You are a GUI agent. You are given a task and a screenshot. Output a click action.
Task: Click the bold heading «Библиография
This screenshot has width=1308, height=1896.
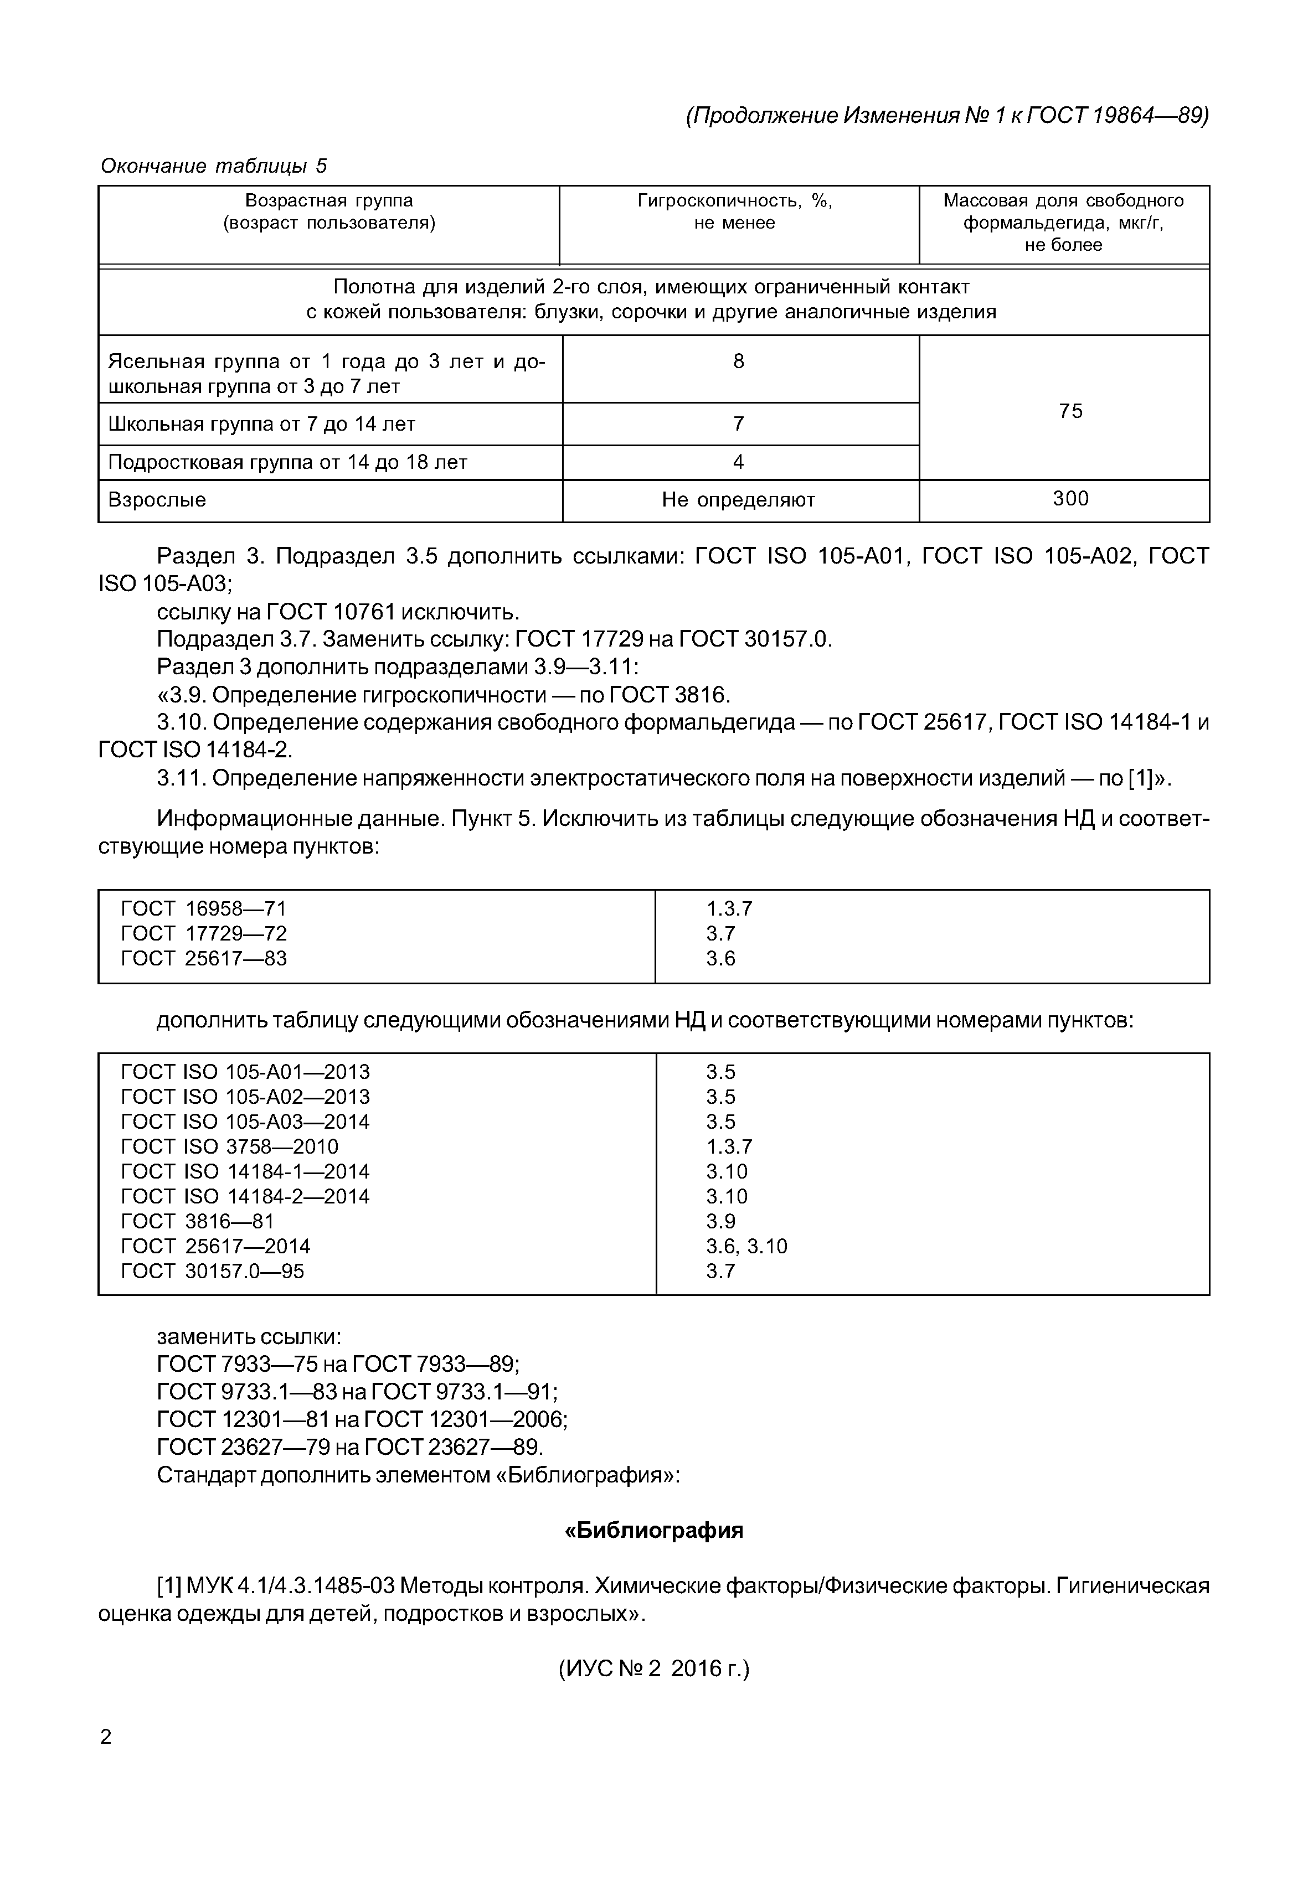point(654,1531)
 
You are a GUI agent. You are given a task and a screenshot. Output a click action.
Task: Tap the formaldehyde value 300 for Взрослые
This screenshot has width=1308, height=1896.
point(1070,499)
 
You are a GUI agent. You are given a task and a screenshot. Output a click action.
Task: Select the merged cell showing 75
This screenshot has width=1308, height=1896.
point(1070,411)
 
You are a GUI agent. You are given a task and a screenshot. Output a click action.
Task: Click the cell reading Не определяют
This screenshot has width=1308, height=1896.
point(738,500)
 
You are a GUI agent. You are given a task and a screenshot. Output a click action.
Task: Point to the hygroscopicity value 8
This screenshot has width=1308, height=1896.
point(738,361)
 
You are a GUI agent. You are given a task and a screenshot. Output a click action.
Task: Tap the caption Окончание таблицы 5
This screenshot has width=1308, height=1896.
point(213,166)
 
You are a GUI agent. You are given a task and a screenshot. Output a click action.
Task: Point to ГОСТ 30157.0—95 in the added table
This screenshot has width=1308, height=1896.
point(212,1271)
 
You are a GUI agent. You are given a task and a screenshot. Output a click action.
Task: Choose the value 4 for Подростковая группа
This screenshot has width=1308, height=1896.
point(738,462)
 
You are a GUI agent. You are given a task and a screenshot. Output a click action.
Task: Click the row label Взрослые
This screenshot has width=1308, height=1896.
point(157,500)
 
